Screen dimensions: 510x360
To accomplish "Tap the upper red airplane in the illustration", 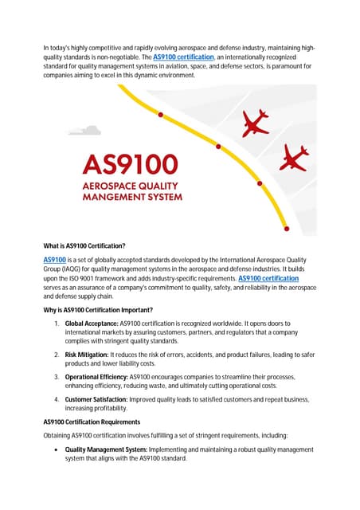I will tap(256, 122).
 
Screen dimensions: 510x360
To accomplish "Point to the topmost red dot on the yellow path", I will tap(162, 115).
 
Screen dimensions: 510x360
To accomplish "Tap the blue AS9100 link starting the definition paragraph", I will tap(55, 260).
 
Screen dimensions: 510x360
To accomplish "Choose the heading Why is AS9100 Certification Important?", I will tap(100, 309).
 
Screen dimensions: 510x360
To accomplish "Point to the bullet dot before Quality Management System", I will tap(57, 449).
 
